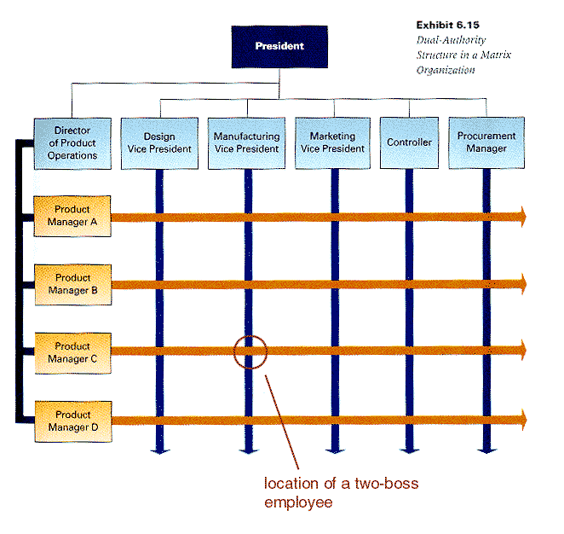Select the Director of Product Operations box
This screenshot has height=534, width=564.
[72, 142]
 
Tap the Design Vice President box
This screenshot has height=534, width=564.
[159, 142]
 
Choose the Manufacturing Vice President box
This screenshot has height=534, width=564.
[246, 142]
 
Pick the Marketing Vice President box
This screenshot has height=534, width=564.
[332, 142]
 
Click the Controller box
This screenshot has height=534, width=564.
[410, 142]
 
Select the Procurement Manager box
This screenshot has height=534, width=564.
[486, 142]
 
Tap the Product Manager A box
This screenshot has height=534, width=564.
[72, 216]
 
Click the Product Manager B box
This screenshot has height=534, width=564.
[72, 284]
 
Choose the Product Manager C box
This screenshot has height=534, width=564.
[72, 352]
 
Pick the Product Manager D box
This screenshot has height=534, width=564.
[72, 421]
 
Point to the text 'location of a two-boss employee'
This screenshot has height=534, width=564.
[341, 493]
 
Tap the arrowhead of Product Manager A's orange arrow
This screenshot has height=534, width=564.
[521, 217]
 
